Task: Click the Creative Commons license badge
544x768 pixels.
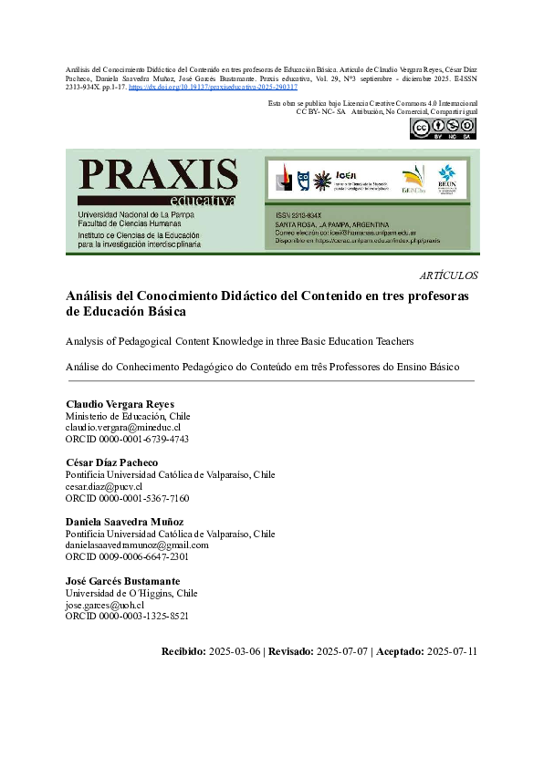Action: pos(443,129)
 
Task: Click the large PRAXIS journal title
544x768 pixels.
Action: pos(158,174)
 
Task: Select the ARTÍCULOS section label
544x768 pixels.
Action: pos(448,275)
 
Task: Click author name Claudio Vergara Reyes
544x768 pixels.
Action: pos(120,404)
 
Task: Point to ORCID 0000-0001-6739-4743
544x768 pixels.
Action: pos(127,439)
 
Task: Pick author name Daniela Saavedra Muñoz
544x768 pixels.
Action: pos(125,522)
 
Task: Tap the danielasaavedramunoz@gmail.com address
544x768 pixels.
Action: pos(137,545)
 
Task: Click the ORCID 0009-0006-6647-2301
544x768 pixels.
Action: pos(127,556)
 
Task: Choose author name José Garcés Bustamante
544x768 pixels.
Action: pos(123,581)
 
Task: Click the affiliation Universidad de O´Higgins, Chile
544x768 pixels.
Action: pos(131,593)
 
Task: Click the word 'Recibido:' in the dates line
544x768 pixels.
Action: pos(183,651)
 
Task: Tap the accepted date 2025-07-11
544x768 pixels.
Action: pos(453,651)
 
